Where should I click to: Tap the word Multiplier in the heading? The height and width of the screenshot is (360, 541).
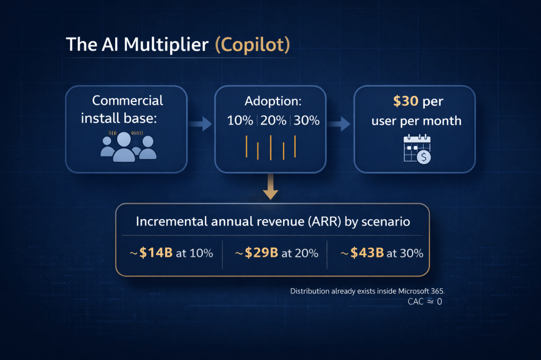click(x=166, y=45)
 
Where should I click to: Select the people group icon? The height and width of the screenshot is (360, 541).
click(x=128, y=147)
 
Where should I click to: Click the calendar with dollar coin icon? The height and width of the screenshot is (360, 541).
click(x=417, y=149)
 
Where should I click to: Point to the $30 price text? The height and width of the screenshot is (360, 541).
click(x=405, y=101)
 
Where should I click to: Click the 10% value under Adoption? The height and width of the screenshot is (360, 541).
click(x=240, y=120)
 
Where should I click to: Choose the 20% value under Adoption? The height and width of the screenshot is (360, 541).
click(x=273, y=120)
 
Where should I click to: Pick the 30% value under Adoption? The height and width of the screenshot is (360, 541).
click(x=306, y=120)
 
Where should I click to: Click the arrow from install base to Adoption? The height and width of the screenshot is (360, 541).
click(x=200, y=124)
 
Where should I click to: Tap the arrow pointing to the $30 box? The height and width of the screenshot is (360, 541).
click(x=339, y=124)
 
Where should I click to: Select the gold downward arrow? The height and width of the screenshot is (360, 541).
click(x=270, y=186)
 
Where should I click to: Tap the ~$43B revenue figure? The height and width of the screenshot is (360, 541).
click(x=362, y=253)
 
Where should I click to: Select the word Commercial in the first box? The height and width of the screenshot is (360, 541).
click(x=128, y=101)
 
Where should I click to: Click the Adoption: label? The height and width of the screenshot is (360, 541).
click(x=273, y=101)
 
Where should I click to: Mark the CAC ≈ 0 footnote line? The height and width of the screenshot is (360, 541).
click(x=425, y=302)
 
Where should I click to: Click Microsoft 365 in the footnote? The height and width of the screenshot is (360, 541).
click(x=421, y=291)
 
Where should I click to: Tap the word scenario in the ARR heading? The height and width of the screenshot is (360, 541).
click(x=385, y=221)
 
